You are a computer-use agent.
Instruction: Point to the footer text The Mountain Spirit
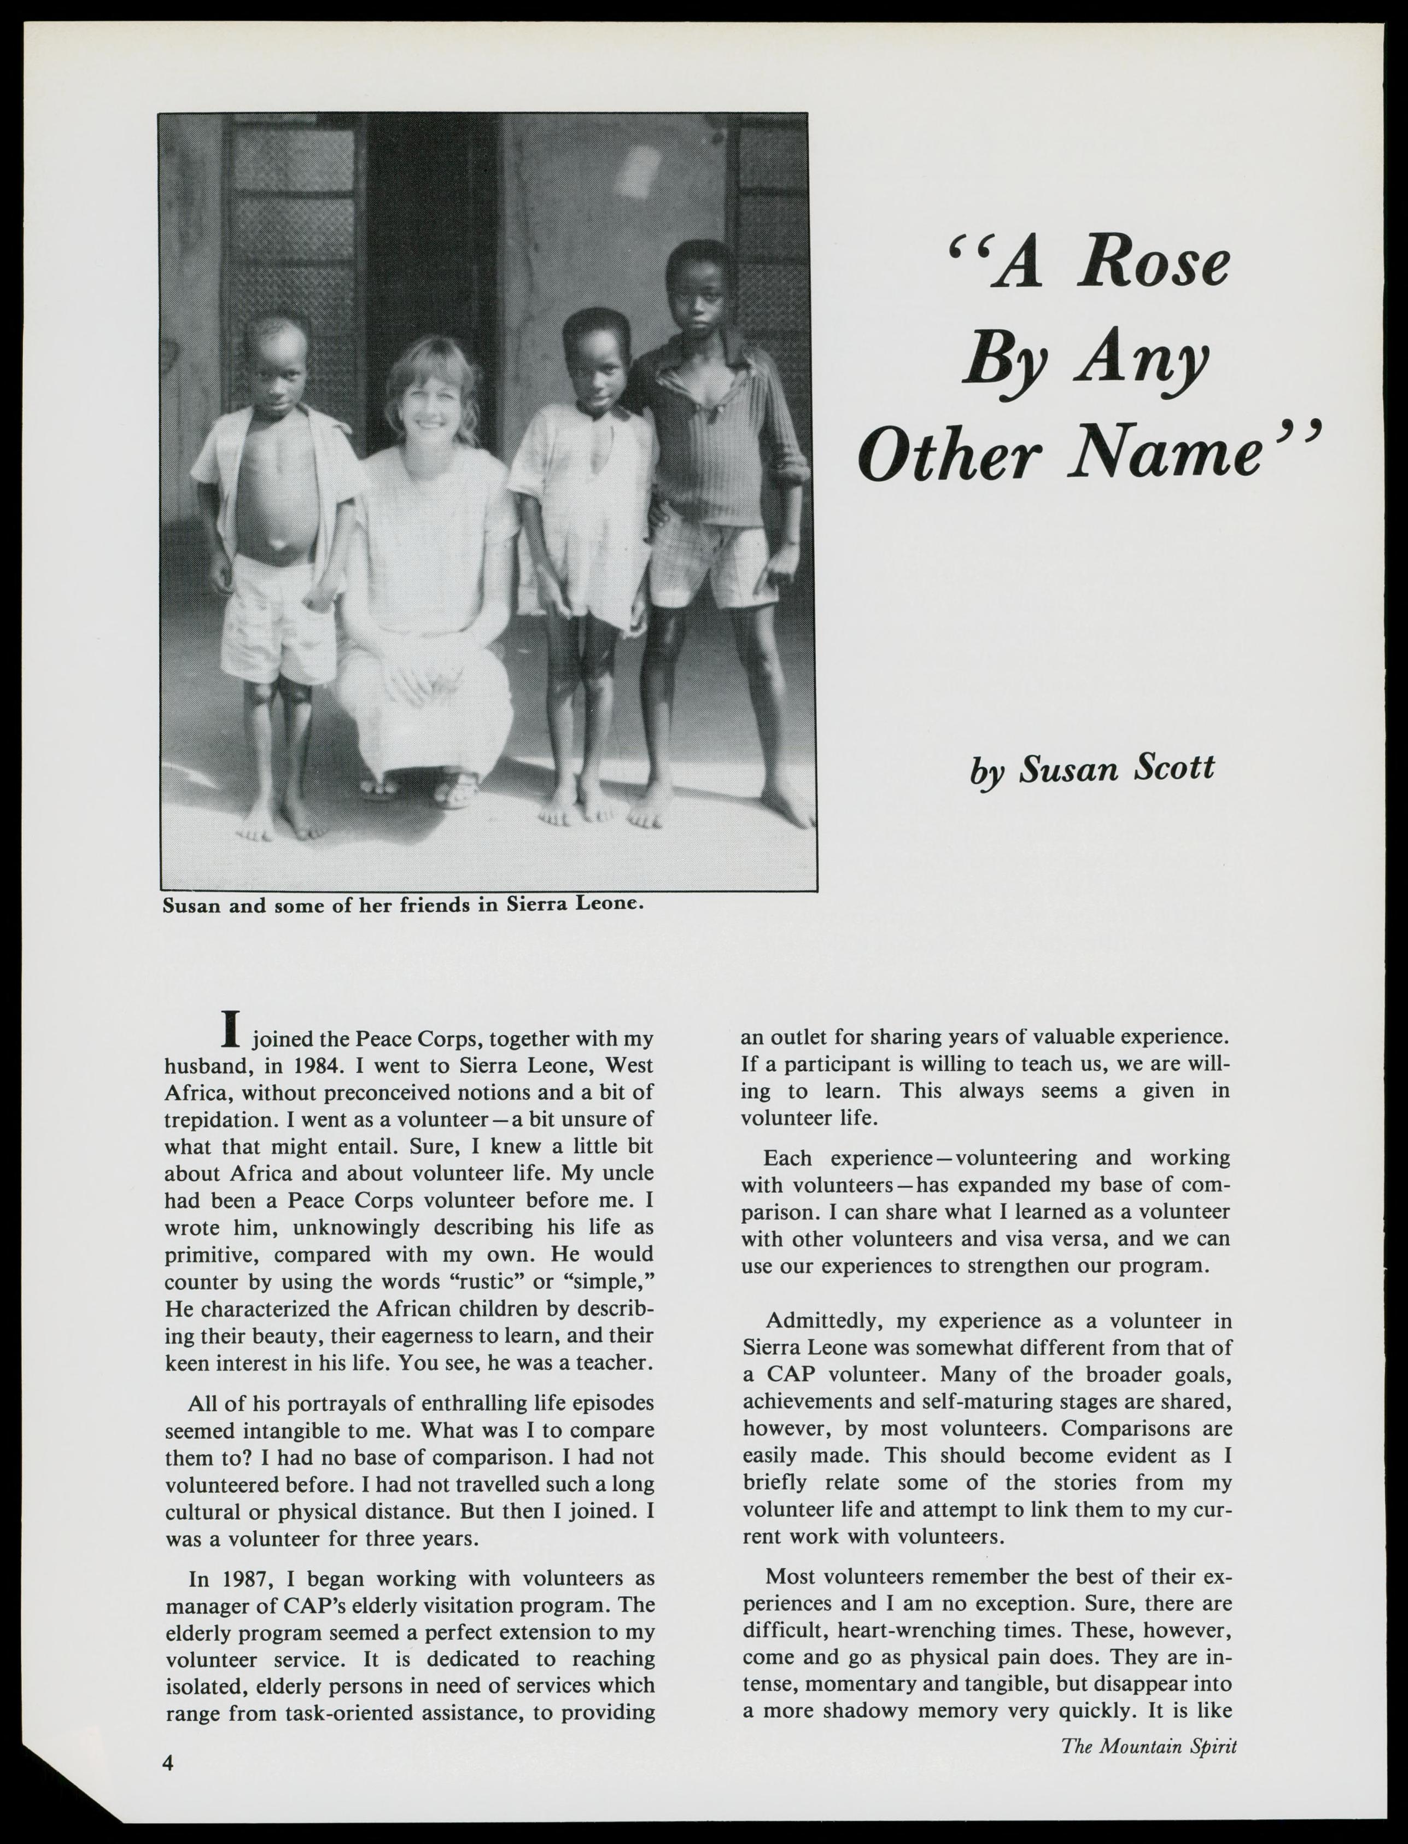click(1148, 1746)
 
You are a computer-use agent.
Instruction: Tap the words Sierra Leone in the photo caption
click(575, 905)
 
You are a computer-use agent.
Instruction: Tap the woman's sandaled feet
click(419, 790)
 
